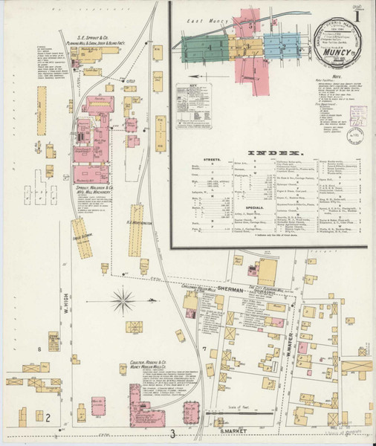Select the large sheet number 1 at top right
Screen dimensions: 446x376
point(361,12)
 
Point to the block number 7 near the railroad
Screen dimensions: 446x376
point(203,348)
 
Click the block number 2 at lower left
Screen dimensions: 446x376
point(48,417)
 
